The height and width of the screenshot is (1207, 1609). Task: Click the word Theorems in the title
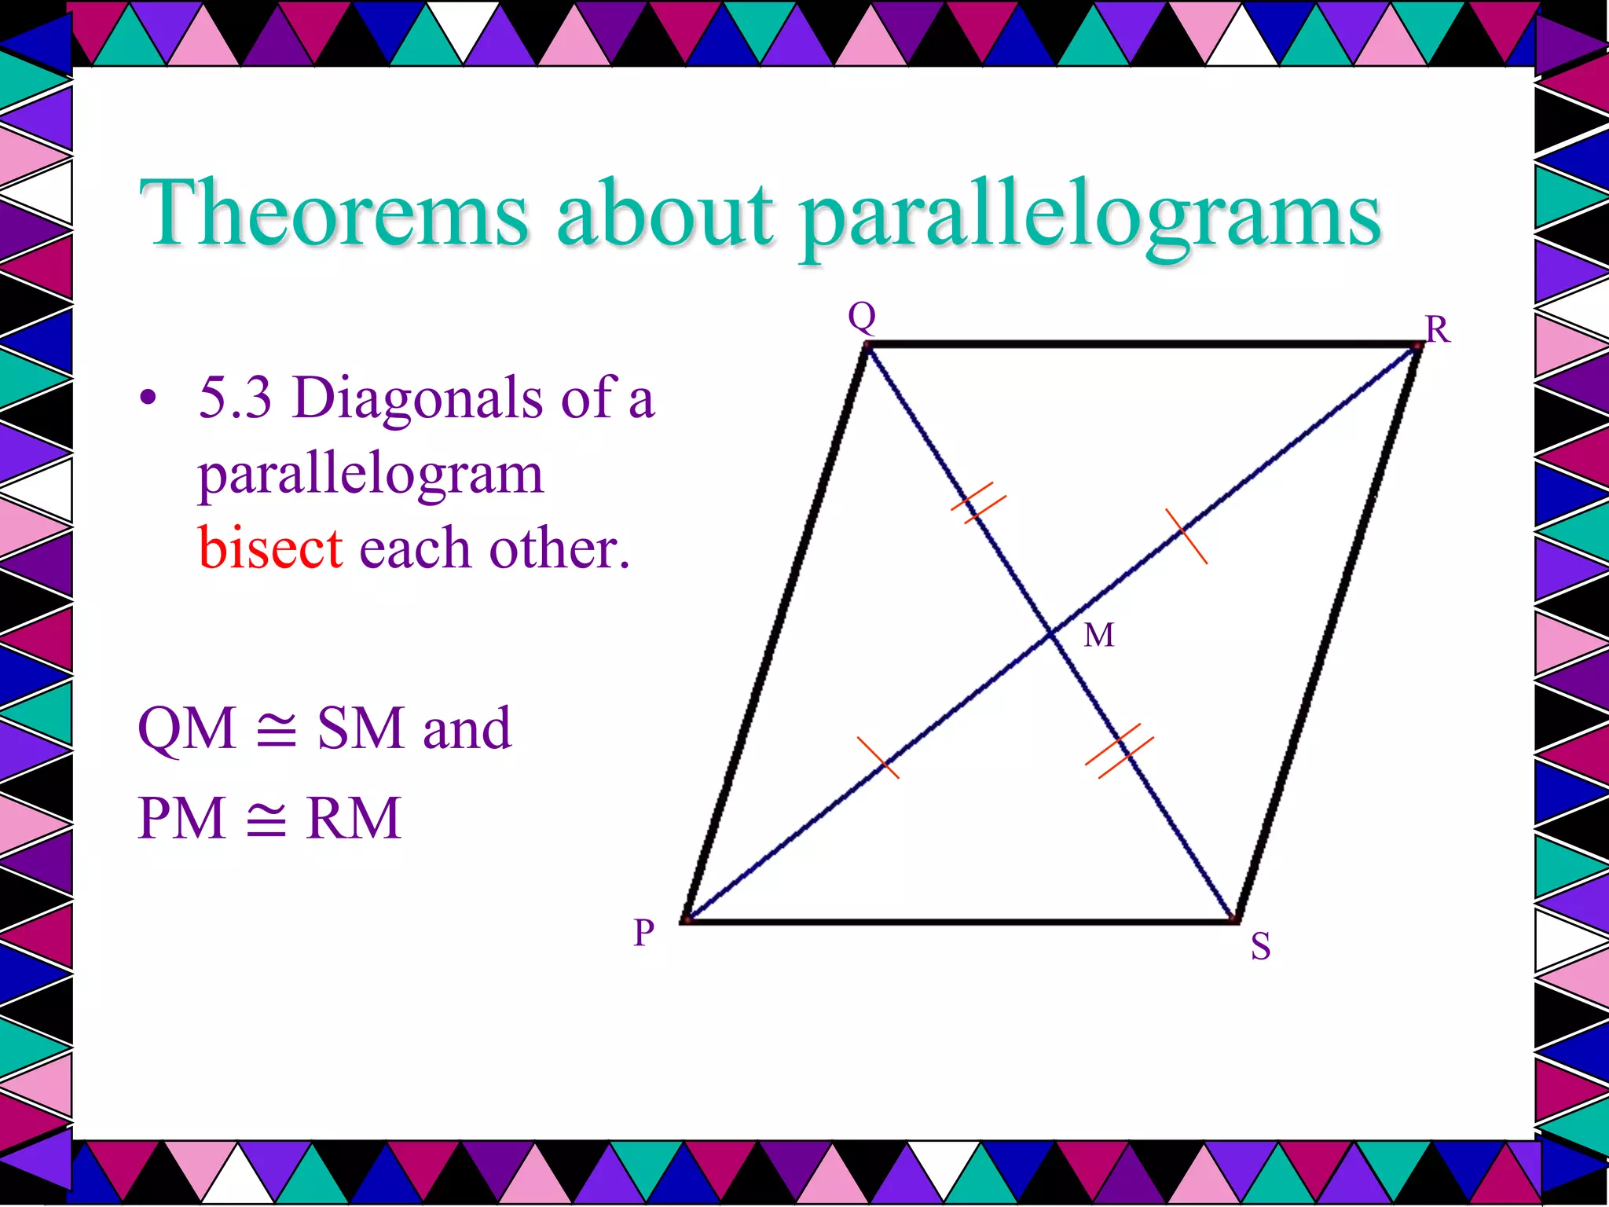(334, 212)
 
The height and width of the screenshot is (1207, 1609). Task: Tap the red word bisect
(270, 548)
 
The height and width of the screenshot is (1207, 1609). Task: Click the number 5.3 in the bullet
(235, 397)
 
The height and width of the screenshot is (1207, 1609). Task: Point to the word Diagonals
(417, 397)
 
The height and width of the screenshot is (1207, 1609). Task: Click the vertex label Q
(862, 317)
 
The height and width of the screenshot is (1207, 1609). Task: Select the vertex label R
(1438, 329)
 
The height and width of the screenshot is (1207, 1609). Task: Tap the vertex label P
(644, 933)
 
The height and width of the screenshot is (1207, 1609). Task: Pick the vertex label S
(1260, 946)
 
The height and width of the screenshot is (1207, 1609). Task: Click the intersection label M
(1098, 635)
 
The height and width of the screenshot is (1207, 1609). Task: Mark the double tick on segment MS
(1119, 751)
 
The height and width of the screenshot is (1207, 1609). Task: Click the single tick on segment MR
(1186, 536)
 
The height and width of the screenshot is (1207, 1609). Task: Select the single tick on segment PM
(878, 758)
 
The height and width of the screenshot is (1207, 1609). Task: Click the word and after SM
(467, 728)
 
